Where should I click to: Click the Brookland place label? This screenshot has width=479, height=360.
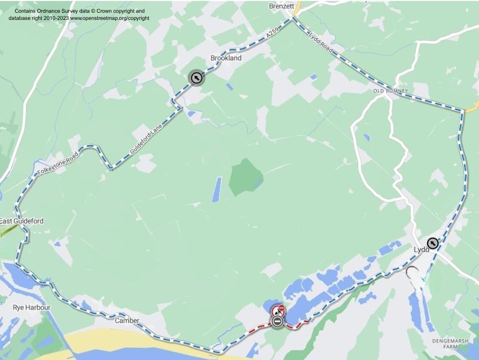[x=226, y=58]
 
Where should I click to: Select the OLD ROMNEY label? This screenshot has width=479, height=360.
[x=391, y=91]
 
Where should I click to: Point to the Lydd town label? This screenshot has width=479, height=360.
[x=420, y=249]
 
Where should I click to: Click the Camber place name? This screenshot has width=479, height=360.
[x=127, y=321]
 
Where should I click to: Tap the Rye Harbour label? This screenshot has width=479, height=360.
[x=32, y=307]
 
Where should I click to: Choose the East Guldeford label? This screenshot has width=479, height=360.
[x=21, y=221]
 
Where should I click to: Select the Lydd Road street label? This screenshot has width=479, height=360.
[x=321, y=42]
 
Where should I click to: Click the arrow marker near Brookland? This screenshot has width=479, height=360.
[x=196, y=78]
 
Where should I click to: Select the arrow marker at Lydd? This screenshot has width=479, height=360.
[x=433, y=243]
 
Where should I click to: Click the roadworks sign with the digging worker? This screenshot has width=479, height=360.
[x=278, y=310]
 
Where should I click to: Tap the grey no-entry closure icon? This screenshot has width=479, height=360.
[x=277, y=321]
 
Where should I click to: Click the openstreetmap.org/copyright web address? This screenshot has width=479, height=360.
[x=110, y=18]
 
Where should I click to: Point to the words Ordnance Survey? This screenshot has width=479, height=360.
[x=59, y=11]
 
